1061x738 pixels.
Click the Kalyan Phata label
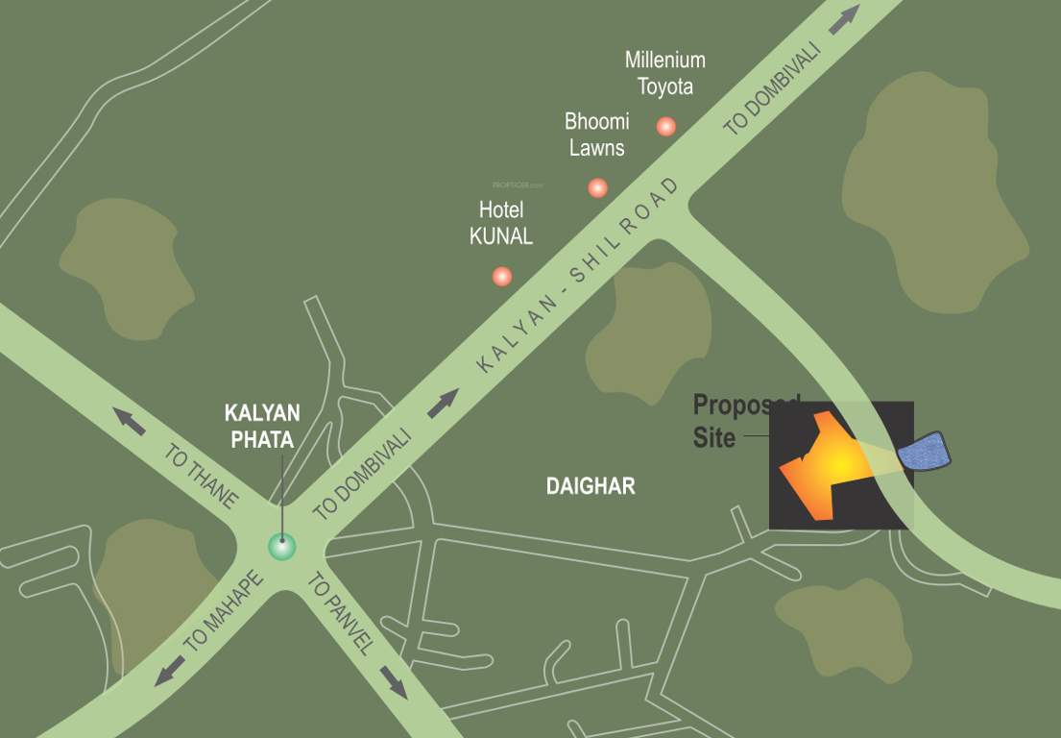262,425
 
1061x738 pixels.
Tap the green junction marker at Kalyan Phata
281,546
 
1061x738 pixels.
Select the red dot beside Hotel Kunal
501,277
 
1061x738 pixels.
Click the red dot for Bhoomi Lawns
597,187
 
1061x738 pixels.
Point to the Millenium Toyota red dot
665,126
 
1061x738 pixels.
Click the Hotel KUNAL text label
501,223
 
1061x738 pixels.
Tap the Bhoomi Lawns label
596,135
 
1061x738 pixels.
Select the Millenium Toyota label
665,73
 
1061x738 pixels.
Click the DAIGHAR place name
591,486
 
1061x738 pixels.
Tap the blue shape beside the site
924,452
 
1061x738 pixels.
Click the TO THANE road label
201,475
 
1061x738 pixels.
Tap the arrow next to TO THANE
131,420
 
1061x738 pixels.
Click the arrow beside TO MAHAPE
169,671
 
